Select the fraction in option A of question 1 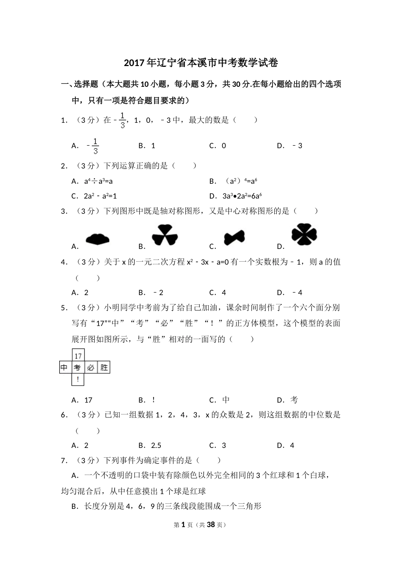click(95, 146)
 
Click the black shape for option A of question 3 click(97, 240)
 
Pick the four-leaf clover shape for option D click(304, 234)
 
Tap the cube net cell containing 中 click(64, 367)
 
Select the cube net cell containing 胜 click(104, 367)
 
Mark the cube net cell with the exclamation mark click(78, 380)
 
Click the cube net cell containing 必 click(91, 367)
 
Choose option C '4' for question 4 click(223, 293)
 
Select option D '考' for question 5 click(294, 400)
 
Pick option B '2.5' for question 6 click(156, 445)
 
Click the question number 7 click(64, 461)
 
